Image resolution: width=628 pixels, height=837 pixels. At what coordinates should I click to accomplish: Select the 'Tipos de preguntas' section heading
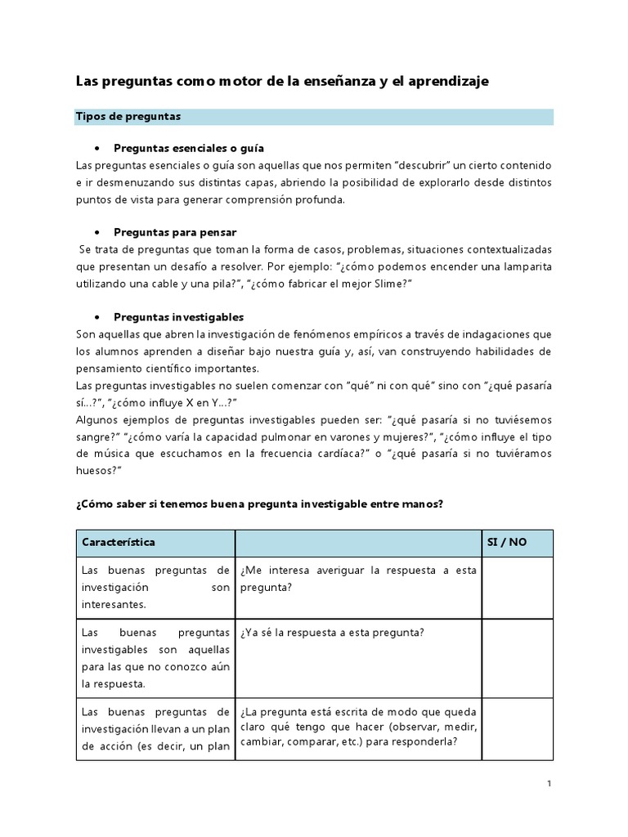(128, 117)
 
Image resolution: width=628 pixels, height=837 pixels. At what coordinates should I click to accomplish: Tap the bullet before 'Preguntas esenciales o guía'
(97, 148)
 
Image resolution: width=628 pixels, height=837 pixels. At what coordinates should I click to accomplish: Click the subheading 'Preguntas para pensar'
(175, 232)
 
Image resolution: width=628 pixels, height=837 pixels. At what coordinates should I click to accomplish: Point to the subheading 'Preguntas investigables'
(178, 316)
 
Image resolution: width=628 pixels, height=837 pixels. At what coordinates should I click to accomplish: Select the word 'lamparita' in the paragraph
(525, 266)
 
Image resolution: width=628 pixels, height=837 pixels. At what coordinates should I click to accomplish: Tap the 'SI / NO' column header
(507, 543)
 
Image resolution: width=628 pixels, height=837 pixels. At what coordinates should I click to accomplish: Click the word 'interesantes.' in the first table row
(114, 605)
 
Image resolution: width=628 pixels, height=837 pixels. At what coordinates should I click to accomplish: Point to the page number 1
(549, 784)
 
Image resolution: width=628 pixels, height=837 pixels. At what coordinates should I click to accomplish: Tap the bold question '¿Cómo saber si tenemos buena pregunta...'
(259, 504)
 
